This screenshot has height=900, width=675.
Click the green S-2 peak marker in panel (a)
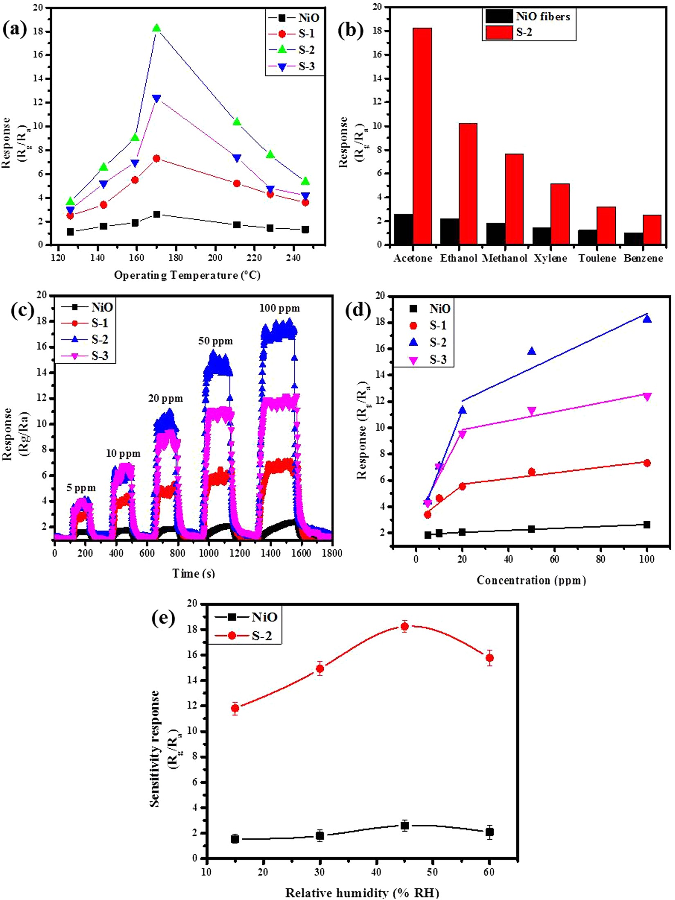click(156, 28)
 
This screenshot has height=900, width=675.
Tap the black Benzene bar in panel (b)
click(633, 239)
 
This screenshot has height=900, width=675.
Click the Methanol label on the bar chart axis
click(505, 259)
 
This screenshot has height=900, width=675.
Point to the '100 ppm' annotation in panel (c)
click(279, 308)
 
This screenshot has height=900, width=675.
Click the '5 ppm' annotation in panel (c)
click(82, 488)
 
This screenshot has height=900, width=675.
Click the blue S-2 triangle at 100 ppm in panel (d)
click(647, 319)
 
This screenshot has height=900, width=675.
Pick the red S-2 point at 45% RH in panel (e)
click(405, 626)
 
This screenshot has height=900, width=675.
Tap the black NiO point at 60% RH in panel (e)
click(489, 832)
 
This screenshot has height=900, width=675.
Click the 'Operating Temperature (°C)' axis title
click(187, 275)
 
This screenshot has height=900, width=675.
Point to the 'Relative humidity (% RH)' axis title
click(362, 893)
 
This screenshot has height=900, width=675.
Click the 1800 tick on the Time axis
click(332, 553)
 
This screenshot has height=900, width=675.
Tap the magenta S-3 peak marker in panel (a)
click(156, 99)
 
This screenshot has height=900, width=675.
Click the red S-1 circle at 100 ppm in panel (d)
click(647, 463)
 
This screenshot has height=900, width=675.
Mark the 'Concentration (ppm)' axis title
click(531, 580)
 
